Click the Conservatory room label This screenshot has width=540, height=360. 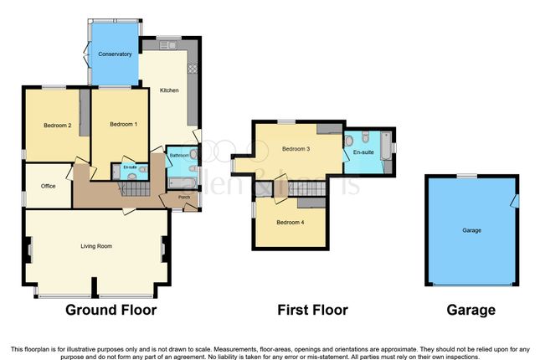tap(114, 54)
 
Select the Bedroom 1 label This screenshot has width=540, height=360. tap(123, 125)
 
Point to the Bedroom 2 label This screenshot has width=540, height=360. tap(57, 126)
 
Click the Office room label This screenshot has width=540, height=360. tap(48, 186)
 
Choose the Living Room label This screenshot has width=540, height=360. tap(96, 246)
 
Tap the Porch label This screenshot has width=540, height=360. tap(183, 198)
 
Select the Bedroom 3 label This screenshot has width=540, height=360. tap(296, 149)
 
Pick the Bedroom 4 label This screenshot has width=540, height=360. tap(290, 223)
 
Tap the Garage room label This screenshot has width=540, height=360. tap(473, 229)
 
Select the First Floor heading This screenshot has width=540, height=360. tap(312, 310)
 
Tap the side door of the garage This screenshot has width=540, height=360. tap(516, 201)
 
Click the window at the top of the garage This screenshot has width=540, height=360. tap(463, 176)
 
